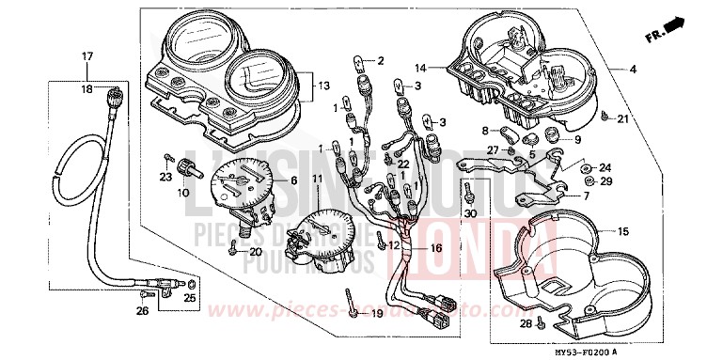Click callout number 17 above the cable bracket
click(86, 57)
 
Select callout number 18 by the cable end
click(86, 90)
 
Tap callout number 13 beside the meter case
click(322, 86)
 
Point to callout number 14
click(421, 69)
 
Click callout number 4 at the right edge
click(632, 70)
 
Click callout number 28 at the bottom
click(526, 324)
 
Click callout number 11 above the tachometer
click(317, 179)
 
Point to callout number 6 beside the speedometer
click(293, 180)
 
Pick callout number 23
click(165, 176)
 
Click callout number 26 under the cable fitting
click(142, 311)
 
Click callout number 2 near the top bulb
click(382, 61)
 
